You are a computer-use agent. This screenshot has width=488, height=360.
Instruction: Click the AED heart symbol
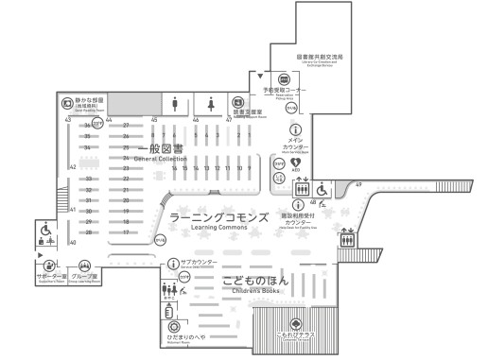pos(295,163)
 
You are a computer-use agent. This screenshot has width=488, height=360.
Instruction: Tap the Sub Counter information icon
pos(173,264)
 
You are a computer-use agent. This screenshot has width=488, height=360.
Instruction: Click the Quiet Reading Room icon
pos(65,101)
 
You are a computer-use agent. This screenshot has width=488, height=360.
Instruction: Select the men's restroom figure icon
pos(176,102)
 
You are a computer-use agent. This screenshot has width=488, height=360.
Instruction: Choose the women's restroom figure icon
pos(212,102)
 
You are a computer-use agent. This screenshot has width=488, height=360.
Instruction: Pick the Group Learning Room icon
pos(85,266)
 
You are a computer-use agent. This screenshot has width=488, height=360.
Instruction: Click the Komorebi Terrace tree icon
pos(295,326)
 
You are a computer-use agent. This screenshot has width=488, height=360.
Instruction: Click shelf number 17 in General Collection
pos(126,231)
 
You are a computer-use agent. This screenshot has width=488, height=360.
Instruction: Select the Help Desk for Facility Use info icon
pos(295,208)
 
